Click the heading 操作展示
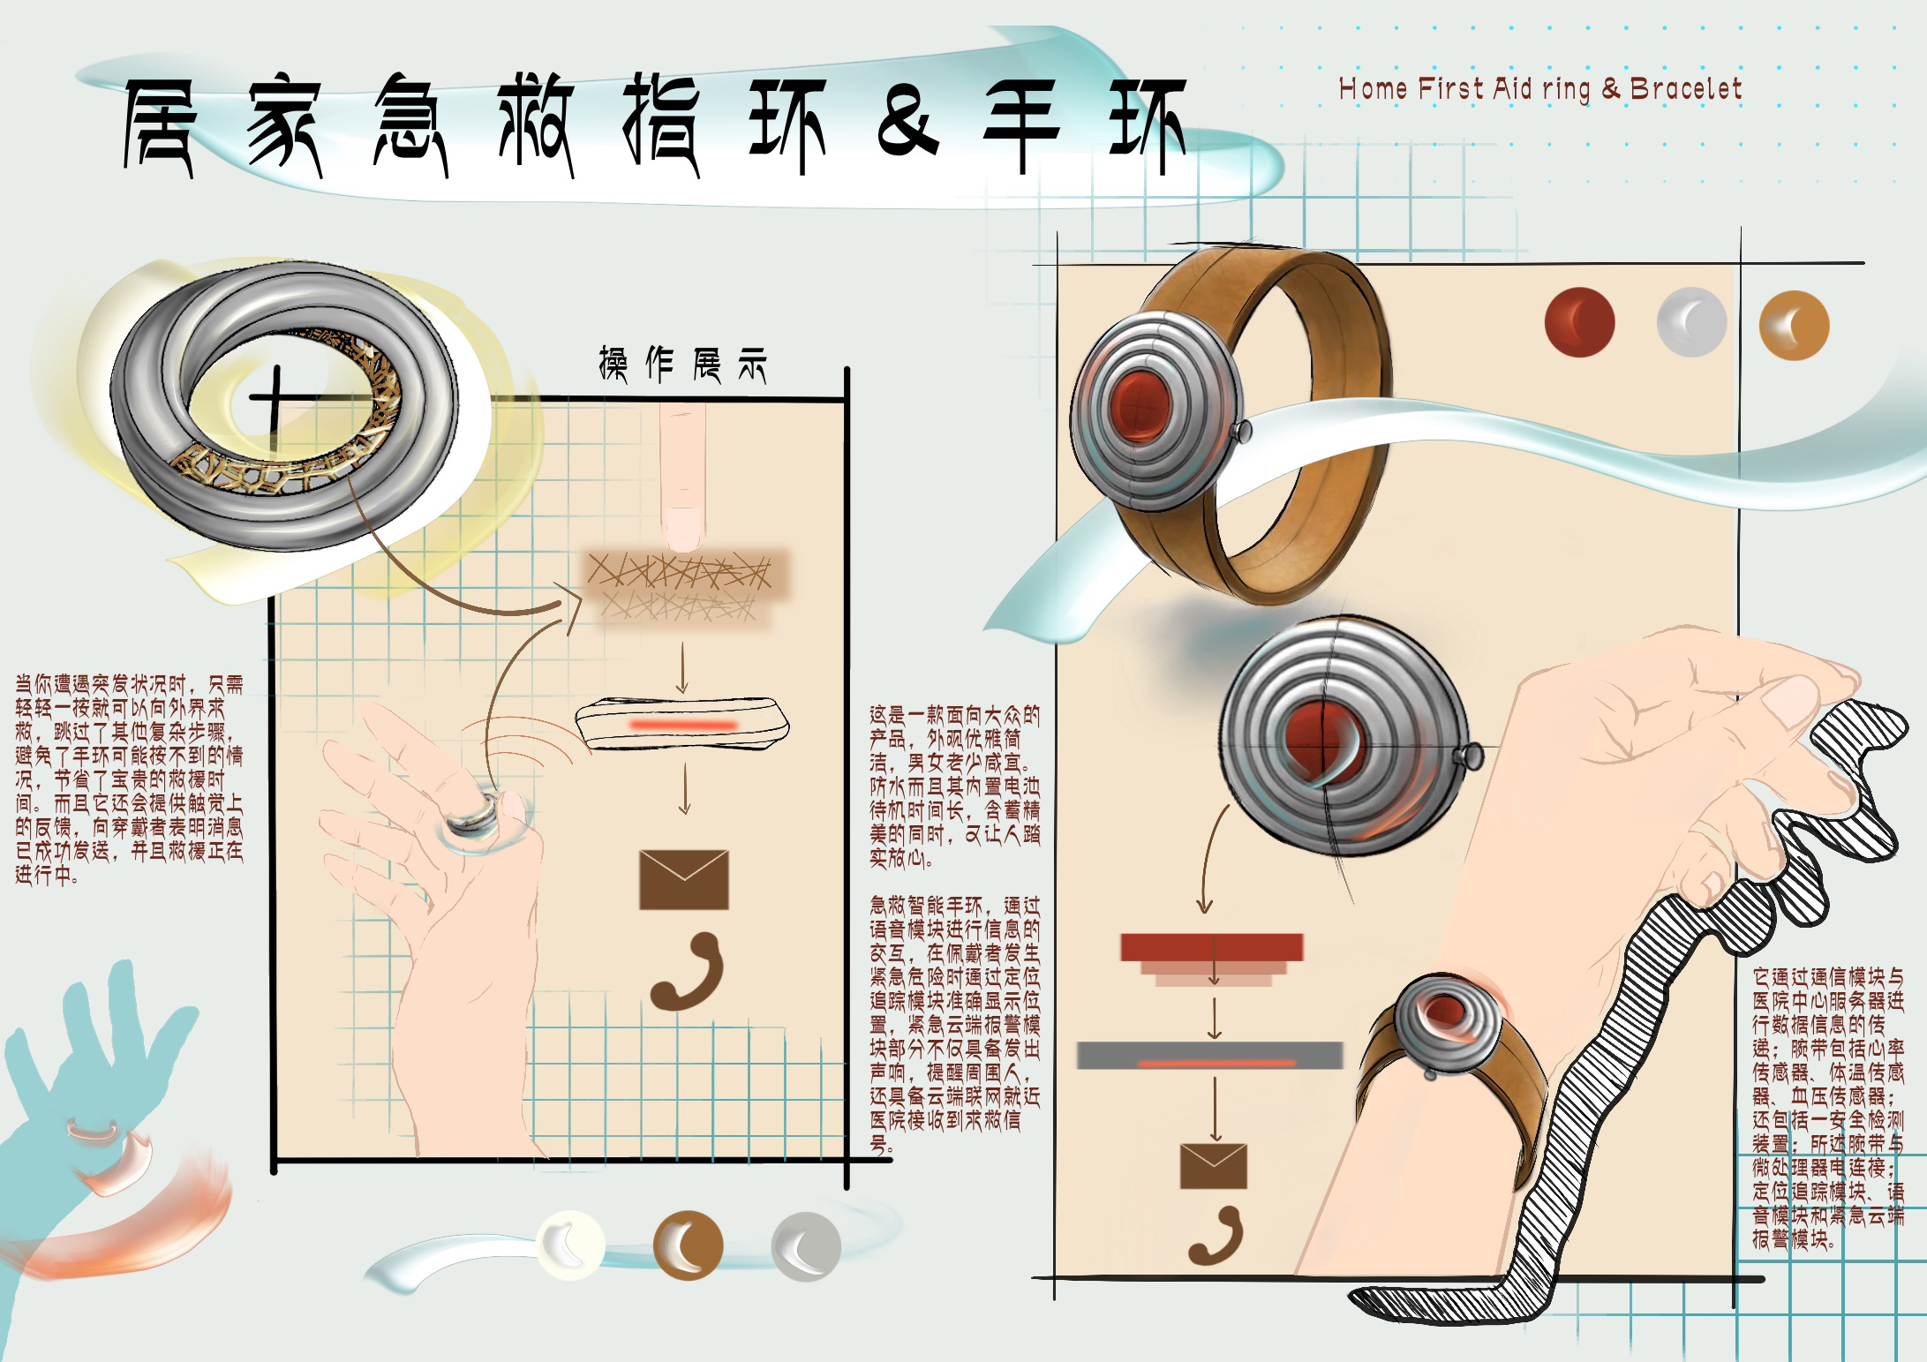tap(682, 365)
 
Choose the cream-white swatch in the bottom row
tap(570, 1245)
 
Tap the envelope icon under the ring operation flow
tap(683, 879)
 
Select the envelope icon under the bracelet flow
tap(1213, 1165)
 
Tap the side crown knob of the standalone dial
tap(1471, 754)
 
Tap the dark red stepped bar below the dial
tap(1211, 949)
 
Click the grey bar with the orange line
tap(1209, 1056)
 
